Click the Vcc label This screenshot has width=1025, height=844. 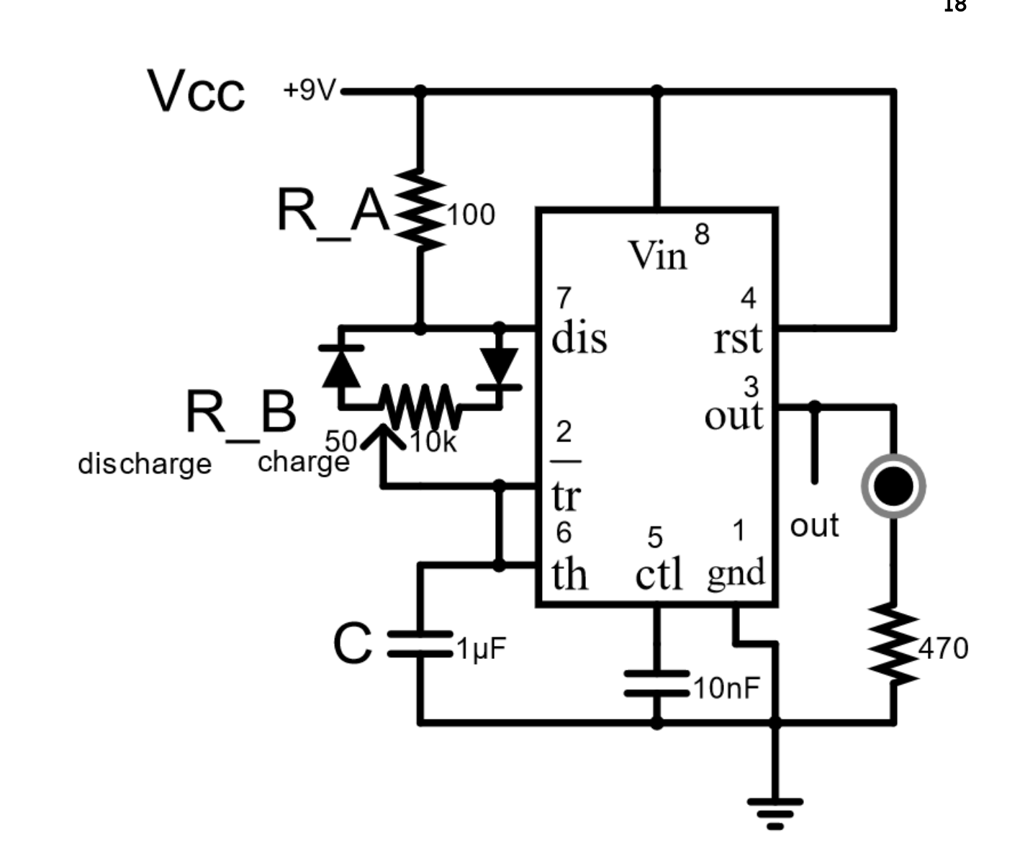pyautogui.click(x=196, y=91)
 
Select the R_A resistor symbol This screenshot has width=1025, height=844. pyautogui.click(x=420, y=210)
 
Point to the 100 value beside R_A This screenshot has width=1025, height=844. pyautogui.click(x=471, y=215)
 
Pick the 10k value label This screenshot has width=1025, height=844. pyautogui.click(x=433, y=442)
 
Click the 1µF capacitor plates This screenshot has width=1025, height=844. pyautogui.click(x=420, y=645)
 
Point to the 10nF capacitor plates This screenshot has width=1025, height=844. pyautogui.click(x=656, y=683)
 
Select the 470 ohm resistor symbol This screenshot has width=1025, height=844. pyautogui.click(x=893, y=645)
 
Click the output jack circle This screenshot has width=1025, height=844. pyautogui.click(x=893, y=486)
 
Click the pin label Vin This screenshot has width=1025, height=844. pyautogui.click(x=658, y=256)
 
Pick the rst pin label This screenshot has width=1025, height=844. pyautogui.click(x=738, y=339)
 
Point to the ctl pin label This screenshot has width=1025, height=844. pyautogui.click(x=659, y=574)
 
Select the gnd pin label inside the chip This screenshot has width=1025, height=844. pyautogui.click(x=736, y=575)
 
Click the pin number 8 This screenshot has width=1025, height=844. pyautogui.click(x=702, y=234)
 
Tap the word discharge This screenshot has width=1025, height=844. pyautogui.click(x=145, y=464)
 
